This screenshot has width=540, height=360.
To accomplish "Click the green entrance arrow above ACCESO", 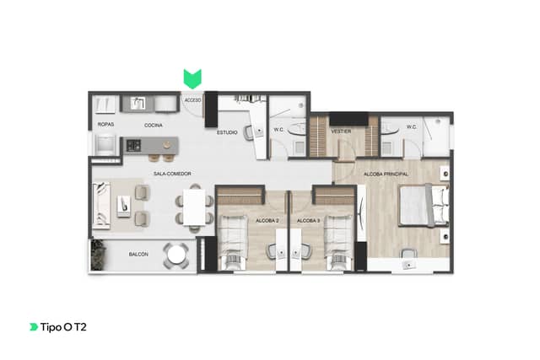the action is click(x=192, y=78).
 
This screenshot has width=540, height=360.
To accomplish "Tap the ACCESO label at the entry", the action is click(x=192, y=100).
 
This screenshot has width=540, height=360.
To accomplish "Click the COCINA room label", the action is click(x=154, y=126).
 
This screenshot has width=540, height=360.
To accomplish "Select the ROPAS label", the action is click(x=105, y=124).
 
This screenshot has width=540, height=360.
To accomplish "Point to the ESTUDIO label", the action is click(x=227, y=132).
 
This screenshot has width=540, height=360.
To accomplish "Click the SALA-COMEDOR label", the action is click(x=172, y=174).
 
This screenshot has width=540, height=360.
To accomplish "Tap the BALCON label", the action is click(x=138, y=255).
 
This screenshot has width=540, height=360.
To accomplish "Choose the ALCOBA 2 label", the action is click(x=267, y=221).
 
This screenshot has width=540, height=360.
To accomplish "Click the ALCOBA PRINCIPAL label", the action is click(x=386, y=175).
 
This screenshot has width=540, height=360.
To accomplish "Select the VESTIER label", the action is click(x=341, y=132).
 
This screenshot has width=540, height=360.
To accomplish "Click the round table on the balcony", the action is click(x=176, y=255).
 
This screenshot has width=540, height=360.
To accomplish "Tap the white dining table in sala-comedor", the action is click(x=194, y=207).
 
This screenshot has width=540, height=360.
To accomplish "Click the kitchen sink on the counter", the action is click(x=138, y=103).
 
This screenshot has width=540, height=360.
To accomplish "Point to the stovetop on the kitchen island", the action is click(x=133, y=145).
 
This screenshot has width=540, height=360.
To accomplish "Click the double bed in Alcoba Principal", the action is click(x=424, y=205).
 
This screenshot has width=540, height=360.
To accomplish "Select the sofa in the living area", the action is click(x=101, y=206).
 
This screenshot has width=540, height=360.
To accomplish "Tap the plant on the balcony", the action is click(x=98, y=255).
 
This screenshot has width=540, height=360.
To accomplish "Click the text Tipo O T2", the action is click(x=63, y=327).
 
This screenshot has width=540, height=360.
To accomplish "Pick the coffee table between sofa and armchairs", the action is click(x=124, y=207).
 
